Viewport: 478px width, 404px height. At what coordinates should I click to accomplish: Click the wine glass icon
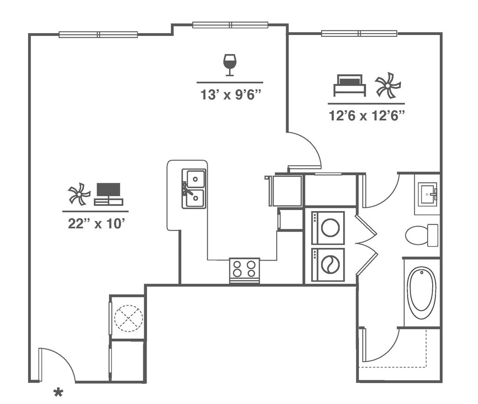tap(230, 64)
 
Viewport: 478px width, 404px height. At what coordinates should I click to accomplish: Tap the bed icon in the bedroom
tap(350, 85)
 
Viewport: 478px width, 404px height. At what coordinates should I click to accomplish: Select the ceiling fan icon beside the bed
tap(388, 85)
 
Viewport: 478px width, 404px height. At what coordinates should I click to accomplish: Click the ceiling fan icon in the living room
tap(79, 194)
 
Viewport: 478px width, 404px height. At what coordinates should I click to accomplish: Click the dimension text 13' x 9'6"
tap(230, 95)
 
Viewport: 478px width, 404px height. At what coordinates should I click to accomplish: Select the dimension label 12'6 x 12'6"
tap(366, 115)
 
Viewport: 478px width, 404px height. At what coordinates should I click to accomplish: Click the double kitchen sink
tap(194, 188)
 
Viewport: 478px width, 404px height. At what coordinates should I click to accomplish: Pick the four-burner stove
tap(245, 269)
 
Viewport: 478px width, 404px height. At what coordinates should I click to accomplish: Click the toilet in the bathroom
tap(421, 235)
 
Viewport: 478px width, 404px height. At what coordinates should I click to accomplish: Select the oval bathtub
tap(422, 292)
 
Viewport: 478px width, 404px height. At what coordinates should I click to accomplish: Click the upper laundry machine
tap(328, 227)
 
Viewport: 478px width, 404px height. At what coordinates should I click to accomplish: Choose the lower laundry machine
tap(328, 265)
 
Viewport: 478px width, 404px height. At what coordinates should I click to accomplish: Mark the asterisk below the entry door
tap(58, 392)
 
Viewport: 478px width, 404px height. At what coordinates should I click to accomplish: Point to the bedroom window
tap(359, 33)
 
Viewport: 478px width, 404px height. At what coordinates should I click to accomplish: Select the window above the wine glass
tap(230, 25)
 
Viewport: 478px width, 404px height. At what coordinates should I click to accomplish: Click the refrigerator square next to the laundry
tap(286, 190)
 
